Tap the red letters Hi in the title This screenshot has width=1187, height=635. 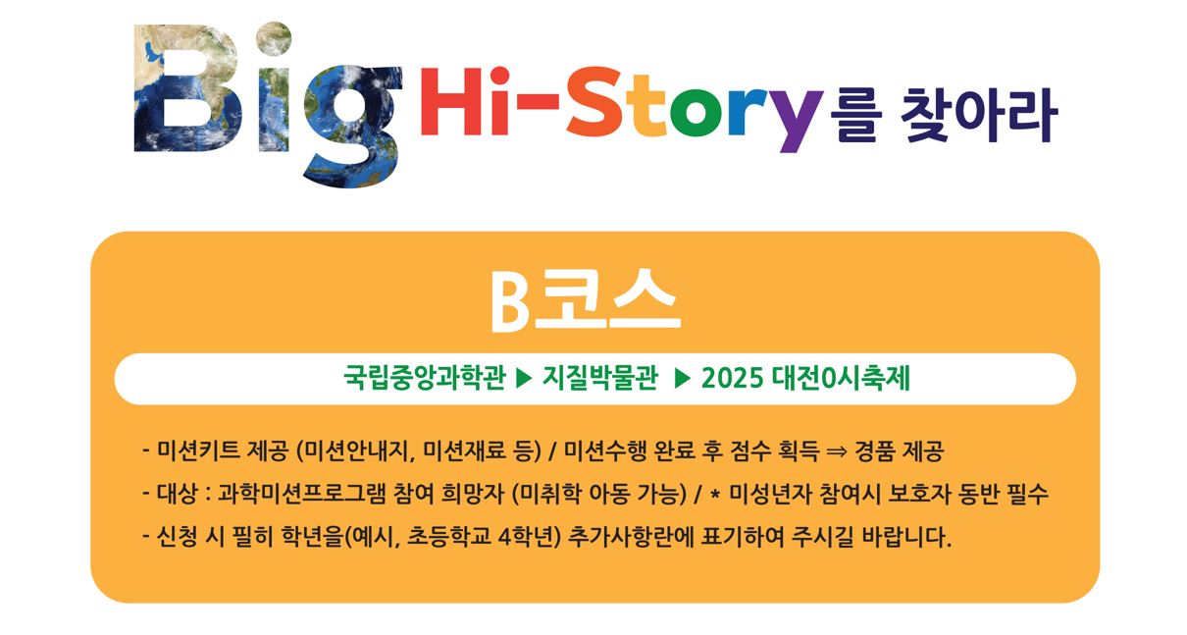pyautogui.click(x=465, y=101)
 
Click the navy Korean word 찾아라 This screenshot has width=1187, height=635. pyautogui.click(x=979, y=116)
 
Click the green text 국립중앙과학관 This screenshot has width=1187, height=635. pyautogui.click(x=424, y=379)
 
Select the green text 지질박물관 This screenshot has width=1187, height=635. pyautogui.click(x=599, y=379)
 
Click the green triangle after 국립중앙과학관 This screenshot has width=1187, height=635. pyautogui.click(x=524, y=379)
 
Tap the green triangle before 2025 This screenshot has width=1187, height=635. pyautogui.click(x=682, y=379)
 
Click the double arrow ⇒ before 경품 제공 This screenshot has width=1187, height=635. pyautogui.click(x=837, y=452)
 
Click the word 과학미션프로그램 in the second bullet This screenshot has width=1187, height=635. pyautogui.click(x=301, y=495)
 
